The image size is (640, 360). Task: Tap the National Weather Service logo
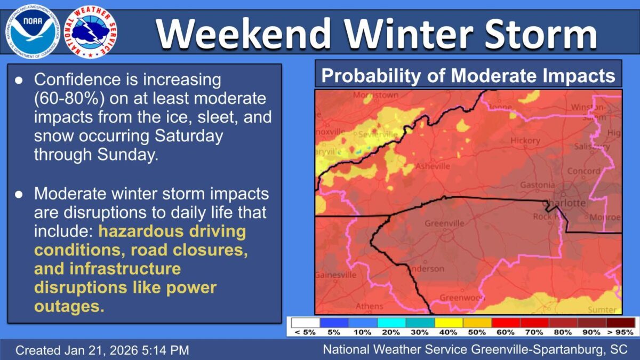coord(91,32)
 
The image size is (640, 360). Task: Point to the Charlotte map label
coord(564,203)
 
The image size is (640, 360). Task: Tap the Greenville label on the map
coord(444,223)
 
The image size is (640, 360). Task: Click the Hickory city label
coord(525,141)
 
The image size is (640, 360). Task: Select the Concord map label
coord(583,171)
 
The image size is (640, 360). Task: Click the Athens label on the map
coord(369,306)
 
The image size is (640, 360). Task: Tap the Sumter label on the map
coord(601,309)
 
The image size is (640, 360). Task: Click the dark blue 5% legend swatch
coord(334,323)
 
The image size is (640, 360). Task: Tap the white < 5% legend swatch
coord(305,323)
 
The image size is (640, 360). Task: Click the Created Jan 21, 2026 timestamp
coord(102,350)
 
